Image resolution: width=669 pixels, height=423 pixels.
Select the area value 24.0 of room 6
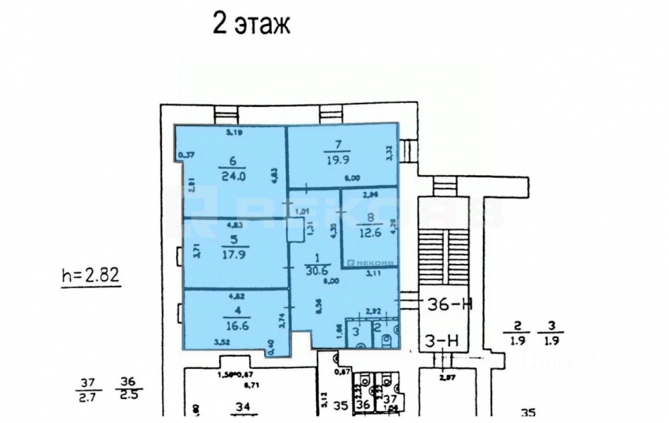pyautogui.click(x=231, y=177)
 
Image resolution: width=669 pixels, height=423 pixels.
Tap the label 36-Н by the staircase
pyautogui.click(x=450, y=304)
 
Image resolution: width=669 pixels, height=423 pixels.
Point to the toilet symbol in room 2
pyautogui.click(x=386, y=339)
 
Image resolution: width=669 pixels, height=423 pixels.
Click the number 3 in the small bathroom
pyautogui.click(x=357, y=332)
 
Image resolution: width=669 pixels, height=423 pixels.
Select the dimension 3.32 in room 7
pyautogui.click(x=388, y=151)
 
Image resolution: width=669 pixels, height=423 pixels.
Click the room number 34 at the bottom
pyautogui.click(x=244, y=407)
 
